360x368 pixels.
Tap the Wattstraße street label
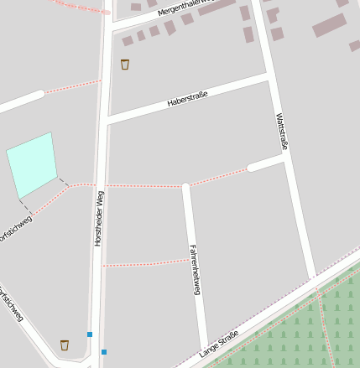click(x=281, y=132)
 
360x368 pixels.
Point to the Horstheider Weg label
click(x=98, y=218)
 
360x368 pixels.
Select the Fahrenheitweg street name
click(x=195, y=270)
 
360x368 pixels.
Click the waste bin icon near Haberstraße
click(x=125, y=65)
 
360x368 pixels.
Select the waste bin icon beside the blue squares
click(x=65, y=345)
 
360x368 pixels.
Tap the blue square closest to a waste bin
click(x=90, y=334)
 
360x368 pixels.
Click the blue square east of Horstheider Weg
click(x=104, y=351)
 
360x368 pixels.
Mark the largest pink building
click(x=329, y=25)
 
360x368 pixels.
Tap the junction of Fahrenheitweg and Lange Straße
click(x=204, y=349)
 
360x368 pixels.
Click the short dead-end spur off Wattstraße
click(x=265, y=163)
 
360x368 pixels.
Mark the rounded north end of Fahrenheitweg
click(x=186, y=187)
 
